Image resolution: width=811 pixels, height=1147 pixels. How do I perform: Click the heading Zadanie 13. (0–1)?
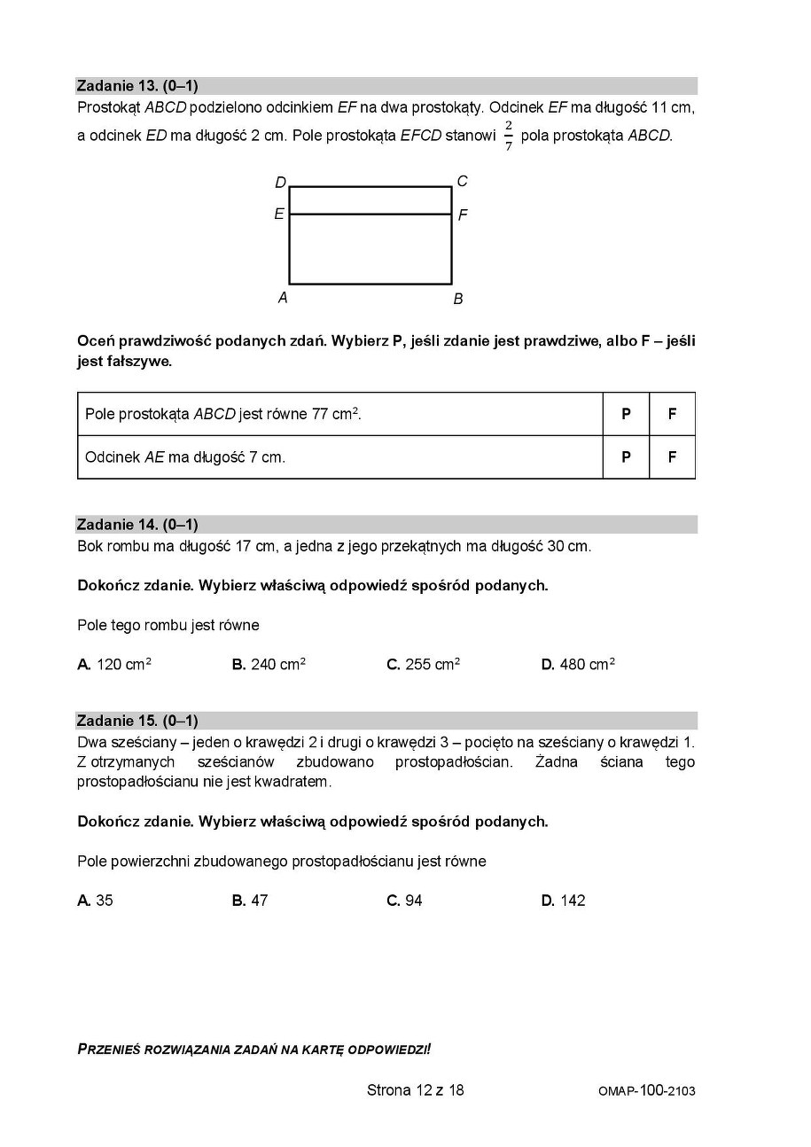click(137, 86)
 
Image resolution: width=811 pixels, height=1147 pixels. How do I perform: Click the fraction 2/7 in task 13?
click(509, 136)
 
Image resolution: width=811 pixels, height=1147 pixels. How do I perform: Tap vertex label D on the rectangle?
click(280, 183)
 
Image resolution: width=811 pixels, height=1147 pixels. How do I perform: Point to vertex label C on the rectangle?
click(462, 181)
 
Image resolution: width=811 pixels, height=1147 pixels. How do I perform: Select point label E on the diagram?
click(279, 215)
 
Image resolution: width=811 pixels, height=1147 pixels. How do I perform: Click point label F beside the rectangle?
click(463, 215)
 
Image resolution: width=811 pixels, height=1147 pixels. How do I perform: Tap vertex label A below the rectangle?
click(283, 298)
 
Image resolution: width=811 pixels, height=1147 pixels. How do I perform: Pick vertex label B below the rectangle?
click(458, 299)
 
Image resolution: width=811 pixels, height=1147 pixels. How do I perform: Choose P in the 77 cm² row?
click(626, 414)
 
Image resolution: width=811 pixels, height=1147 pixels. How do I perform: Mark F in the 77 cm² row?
click(672, 414)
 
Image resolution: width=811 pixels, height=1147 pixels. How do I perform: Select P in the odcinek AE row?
click(626, 457)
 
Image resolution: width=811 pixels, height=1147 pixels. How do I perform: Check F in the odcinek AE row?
click(672, 457)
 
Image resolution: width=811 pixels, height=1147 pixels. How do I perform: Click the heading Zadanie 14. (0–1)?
click(137, 524)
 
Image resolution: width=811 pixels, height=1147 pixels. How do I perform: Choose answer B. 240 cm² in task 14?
click(269, 664)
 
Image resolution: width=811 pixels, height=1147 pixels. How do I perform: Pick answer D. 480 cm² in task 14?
click(578, 664)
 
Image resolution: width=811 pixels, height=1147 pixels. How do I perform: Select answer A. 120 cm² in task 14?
click(114, 664)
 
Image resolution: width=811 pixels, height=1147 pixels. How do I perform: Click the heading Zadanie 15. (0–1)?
click(137, 721)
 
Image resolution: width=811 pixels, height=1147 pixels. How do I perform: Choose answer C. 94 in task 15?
click(404, 901)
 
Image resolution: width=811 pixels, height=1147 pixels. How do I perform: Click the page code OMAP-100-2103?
click(646, 1091)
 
